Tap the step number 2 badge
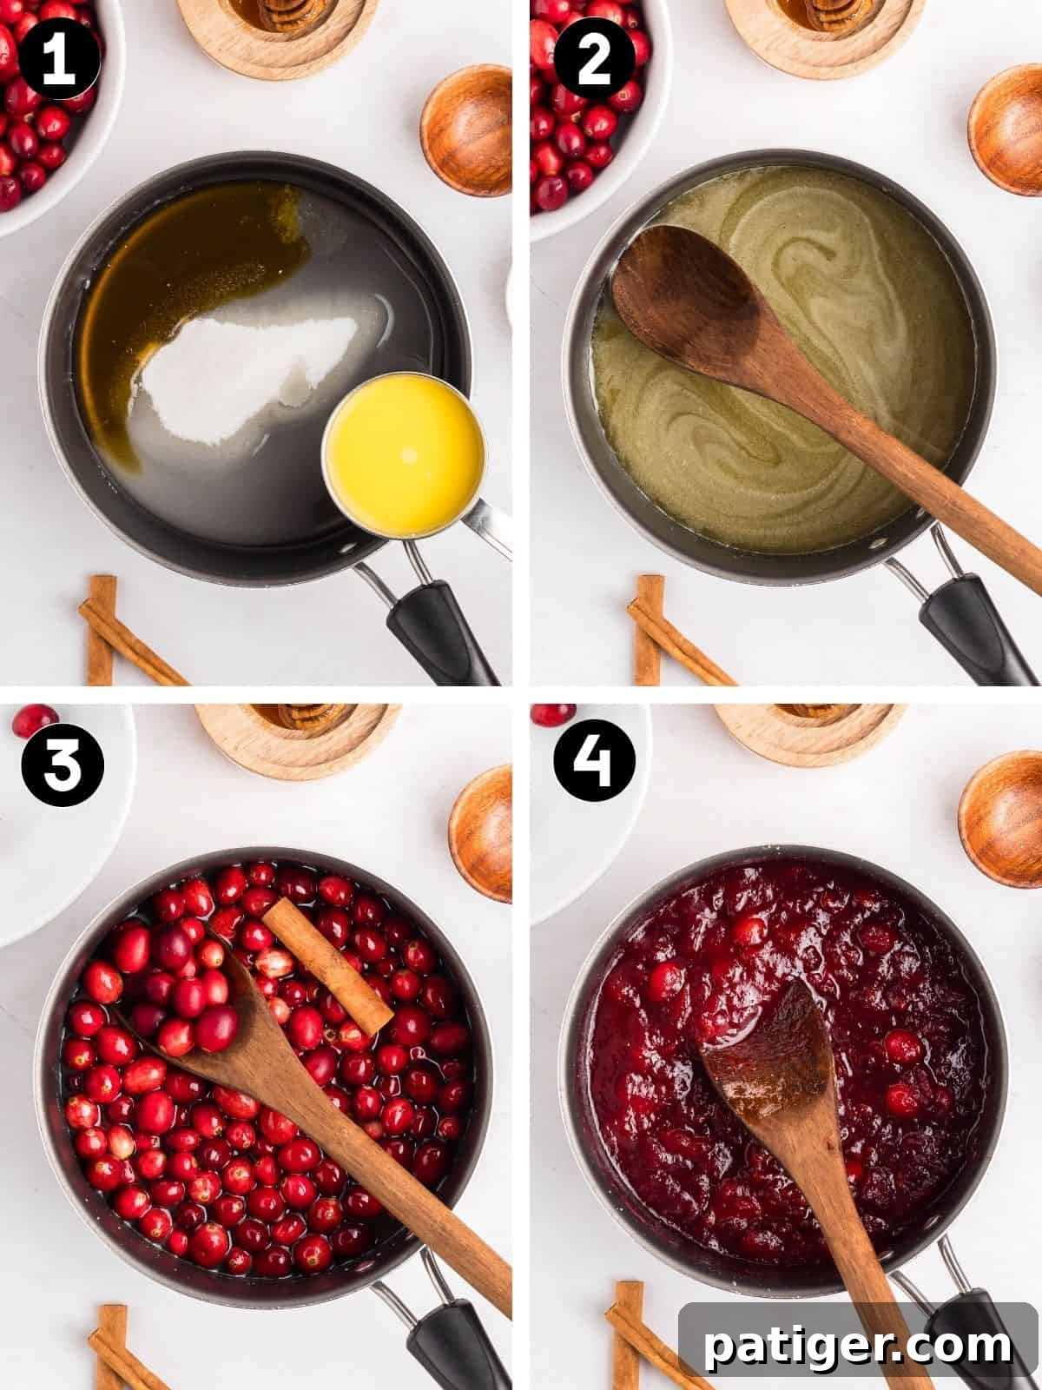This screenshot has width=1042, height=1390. point(595,63)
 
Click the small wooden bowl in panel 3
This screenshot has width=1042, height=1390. point(480,821)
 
